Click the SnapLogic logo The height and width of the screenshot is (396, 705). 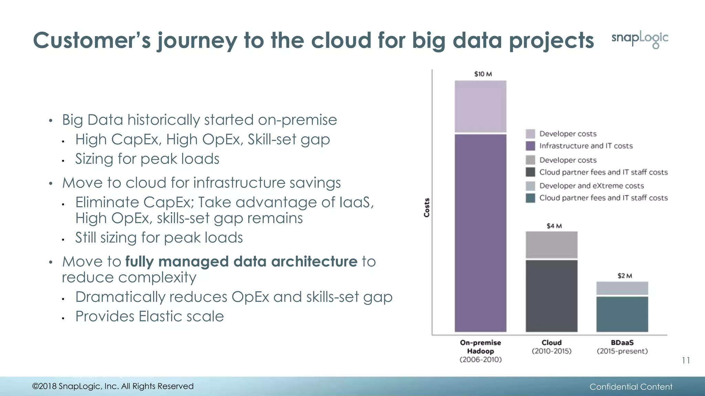click(640, 39)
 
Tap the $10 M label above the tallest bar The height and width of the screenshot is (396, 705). click(483, 74)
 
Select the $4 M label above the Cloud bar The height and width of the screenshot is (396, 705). click(554, 226)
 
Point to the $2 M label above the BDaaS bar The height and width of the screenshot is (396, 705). click(624, 276)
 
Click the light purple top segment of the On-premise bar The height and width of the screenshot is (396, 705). click(481, 106)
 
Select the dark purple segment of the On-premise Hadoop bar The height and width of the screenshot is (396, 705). click(481, 233)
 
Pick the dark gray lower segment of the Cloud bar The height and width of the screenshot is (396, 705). click(551, 296)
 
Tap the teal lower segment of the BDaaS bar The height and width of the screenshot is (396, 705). click(622, 314)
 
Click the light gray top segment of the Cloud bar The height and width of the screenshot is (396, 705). click(551, 244)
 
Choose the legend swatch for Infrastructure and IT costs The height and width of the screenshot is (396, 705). click(530, 146)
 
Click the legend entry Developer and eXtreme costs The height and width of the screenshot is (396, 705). click(591, 186)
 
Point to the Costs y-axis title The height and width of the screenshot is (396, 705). click(427, 208)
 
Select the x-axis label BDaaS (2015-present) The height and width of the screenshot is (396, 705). click(622, 347)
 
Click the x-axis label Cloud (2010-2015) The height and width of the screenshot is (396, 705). click(551, 347)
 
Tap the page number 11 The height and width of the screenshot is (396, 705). click(685, 360)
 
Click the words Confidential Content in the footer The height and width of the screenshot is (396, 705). click(631, 387)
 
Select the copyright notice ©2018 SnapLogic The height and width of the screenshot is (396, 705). click(113, 386)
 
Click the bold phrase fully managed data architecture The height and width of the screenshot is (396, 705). click(241, 262)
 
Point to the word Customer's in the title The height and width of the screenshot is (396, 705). click(92, 40)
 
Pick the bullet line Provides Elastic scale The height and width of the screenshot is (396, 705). click(149, 316)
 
